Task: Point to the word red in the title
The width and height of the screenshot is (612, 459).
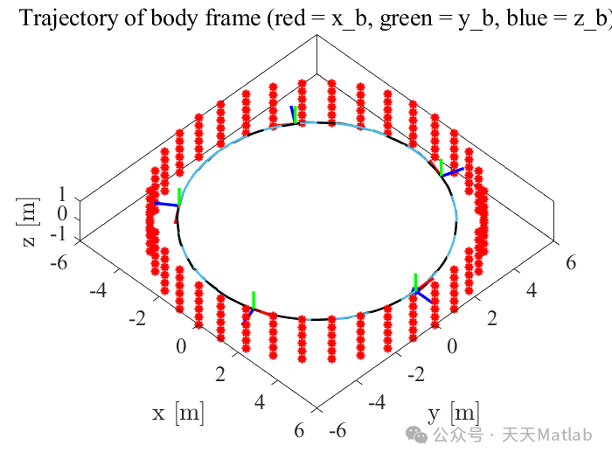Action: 284,18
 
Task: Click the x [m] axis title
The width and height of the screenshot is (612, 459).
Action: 178,412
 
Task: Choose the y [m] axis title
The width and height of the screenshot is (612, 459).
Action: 453,412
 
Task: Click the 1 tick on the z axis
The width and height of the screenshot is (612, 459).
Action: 62,195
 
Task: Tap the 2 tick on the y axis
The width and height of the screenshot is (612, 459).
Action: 494,318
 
